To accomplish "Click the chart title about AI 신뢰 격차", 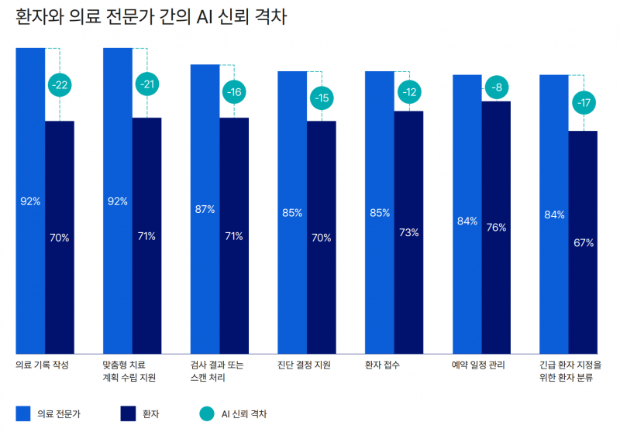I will pos(151,17).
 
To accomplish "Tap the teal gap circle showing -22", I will pos(60,84).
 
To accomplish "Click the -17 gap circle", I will pos(584,102).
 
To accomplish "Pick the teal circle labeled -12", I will pos(409,93).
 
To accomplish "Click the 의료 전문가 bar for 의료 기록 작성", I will pos(30,201).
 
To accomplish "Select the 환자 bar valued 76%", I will pos(496,228).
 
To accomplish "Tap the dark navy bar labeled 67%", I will pos(584,243).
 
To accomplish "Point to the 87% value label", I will pos(205,209).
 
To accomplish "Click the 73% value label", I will pos(409,232).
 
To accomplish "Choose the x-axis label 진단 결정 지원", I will pos(305,365).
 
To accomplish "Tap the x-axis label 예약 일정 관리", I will pos(478,365).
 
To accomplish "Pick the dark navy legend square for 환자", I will pos(129,413).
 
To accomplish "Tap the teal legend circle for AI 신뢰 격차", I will pos(205,413).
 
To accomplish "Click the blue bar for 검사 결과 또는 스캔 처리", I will pos(205,209).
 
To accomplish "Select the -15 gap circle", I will pos(322,98).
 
